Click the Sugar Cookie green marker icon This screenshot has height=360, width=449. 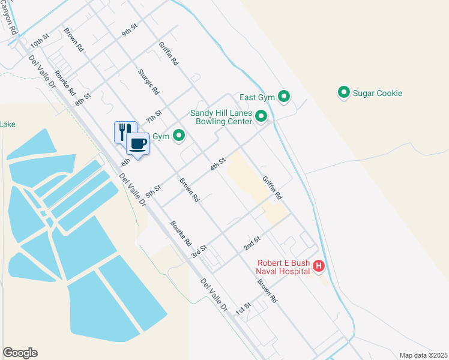click(x=344, y=93)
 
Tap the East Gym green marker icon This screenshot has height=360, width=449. click(x=285, y=97)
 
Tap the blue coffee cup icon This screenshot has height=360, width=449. click(x=137, y=144)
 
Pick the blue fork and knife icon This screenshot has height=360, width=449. click(x=124, y=130)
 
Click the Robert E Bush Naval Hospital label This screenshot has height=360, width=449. click(x=284, y=267)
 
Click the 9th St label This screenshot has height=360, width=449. click(x=130, y=31)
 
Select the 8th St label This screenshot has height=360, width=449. click(x=83, y=99)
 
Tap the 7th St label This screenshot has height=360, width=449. click(x=154, y=113)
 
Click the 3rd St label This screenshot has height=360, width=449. click(x=199, y=251)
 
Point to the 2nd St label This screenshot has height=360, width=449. click(x=252, y=243)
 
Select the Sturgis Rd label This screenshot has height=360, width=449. click(x=148, y=82)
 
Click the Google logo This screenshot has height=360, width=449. click(x=20, y=353)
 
